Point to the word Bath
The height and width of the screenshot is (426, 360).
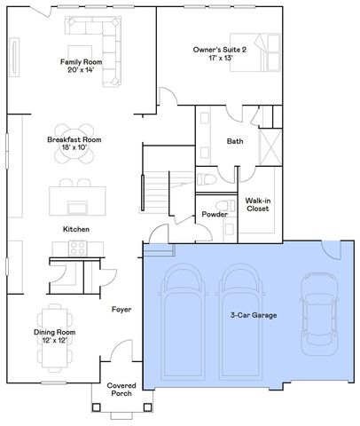(x=235, y=142)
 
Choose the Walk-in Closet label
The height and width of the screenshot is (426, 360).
(x=258, y=206)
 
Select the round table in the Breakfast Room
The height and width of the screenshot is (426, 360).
(x=77, y=130)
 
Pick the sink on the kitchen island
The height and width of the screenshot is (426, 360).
(x=77, y=208)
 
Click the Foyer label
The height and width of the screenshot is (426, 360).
(x=121, y=310)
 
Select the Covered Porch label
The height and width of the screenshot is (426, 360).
(x=121, y=391)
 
